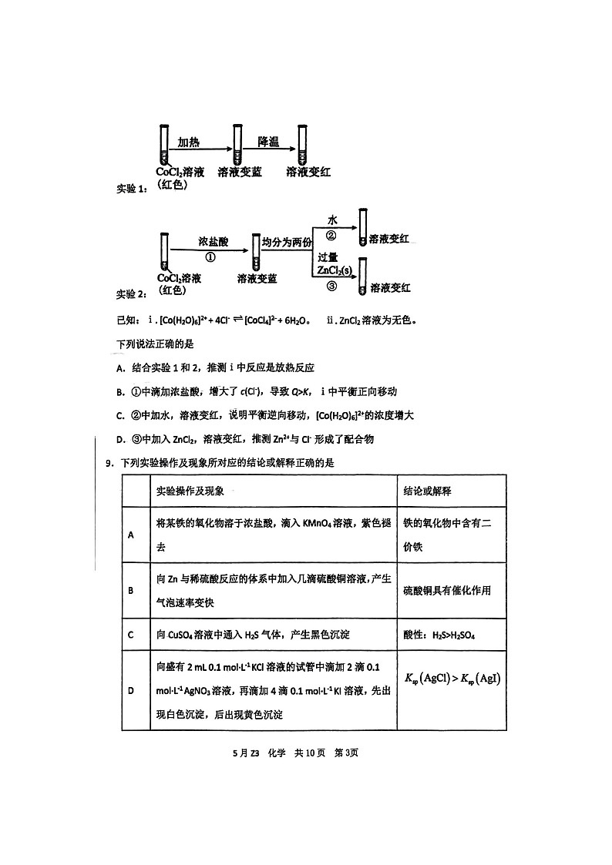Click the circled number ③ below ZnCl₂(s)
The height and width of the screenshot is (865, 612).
click(x=331, y=286)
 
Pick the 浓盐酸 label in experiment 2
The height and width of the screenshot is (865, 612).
click(x=212, y=241)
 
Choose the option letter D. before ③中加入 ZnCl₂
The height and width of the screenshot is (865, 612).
click(x=120, y=440)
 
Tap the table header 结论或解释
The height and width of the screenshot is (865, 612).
click(x=428, y=491)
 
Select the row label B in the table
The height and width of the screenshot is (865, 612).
click(x=131, y=591)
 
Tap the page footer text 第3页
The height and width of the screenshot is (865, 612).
click(x=345, y=753)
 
